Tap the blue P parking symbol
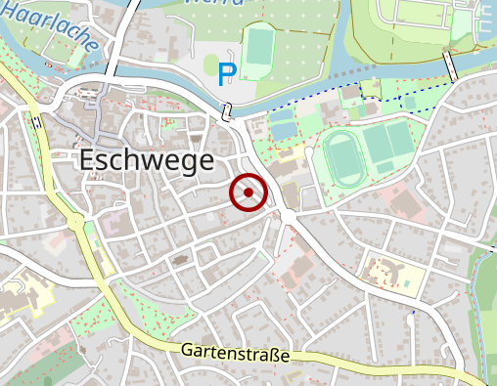tap(227, 71)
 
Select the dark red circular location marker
tap(248, 193)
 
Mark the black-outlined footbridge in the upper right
tap(452, 66)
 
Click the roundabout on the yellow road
tap(75, 223)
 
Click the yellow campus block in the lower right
tap(395, 272)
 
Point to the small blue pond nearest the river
tap(281, 129)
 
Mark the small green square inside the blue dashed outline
tap(409, 102)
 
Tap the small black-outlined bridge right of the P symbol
tap(226, 110)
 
